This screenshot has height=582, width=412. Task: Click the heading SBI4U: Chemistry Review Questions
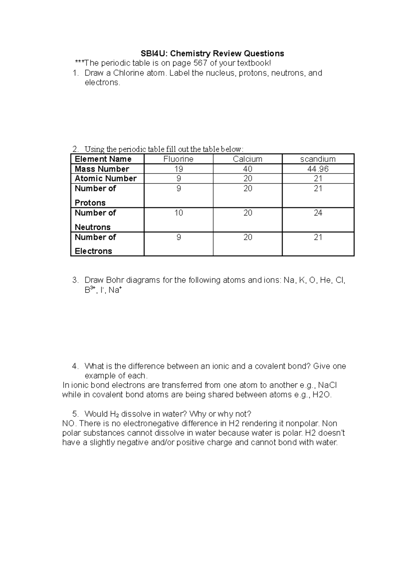212,53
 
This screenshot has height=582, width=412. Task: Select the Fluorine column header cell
178,159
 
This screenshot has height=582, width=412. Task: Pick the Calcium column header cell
247,159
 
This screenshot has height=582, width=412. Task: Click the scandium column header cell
318,159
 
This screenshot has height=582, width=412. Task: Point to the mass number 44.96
318,169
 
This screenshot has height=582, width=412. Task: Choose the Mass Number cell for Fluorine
178,169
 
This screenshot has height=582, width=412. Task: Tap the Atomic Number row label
105,179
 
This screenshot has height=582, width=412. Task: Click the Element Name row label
103,159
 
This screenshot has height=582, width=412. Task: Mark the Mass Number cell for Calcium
247,169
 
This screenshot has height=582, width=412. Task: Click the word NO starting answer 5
68,423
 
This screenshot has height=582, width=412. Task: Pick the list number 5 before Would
75,414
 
